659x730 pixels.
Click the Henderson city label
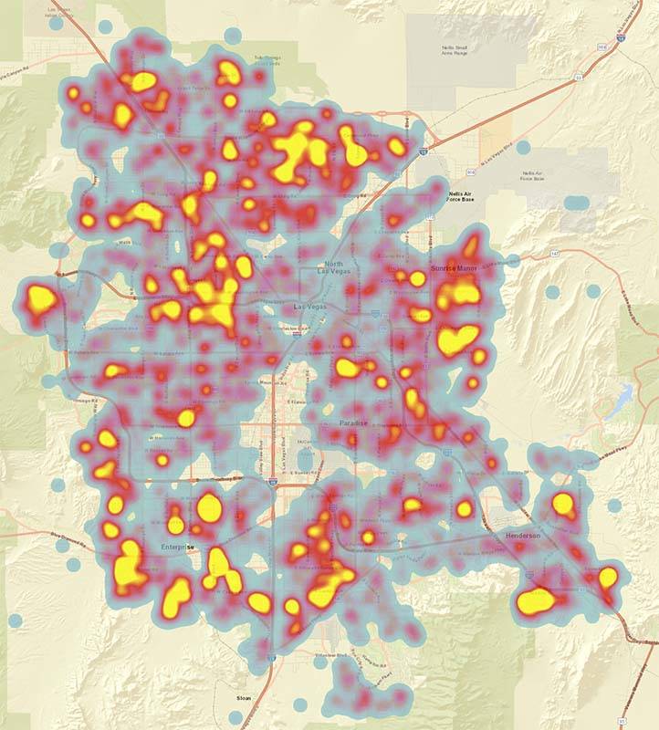point(522,537)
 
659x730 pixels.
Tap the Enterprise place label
point(178,547)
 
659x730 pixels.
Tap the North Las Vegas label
point(335,267)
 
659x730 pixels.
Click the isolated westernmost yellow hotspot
point(39,297)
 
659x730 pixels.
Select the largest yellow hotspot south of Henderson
point(537,600)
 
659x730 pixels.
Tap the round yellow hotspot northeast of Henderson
point(563,503)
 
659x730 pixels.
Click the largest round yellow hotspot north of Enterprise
point(210,506)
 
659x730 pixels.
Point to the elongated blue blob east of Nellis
point(577,202)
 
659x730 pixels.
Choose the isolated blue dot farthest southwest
point(15,620)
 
